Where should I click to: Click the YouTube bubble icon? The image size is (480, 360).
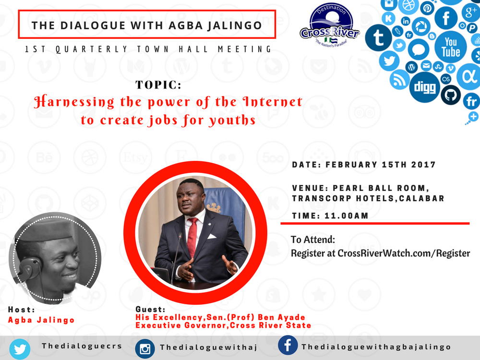coord(451,47)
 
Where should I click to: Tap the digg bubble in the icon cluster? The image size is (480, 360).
coord(425,87)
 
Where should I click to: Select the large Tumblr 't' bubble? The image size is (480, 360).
coord(378,37)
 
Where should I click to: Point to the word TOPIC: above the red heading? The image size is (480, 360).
coord(158,85)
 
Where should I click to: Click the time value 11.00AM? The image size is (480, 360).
coord(346,216)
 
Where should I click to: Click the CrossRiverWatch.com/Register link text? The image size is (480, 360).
coord(404,253)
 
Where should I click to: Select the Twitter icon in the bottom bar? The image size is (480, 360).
coord(20,349)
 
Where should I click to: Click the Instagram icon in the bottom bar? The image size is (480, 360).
coord(145,348)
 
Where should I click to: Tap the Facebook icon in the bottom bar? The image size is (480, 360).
coord(288,345)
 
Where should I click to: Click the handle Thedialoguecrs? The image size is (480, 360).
coord(82,346)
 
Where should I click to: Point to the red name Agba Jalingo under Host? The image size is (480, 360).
coord(41,320)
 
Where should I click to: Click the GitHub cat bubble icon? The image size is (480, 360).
coord(451,95)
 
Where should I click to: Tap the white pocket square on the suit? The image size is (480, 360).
coord(212,236)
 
